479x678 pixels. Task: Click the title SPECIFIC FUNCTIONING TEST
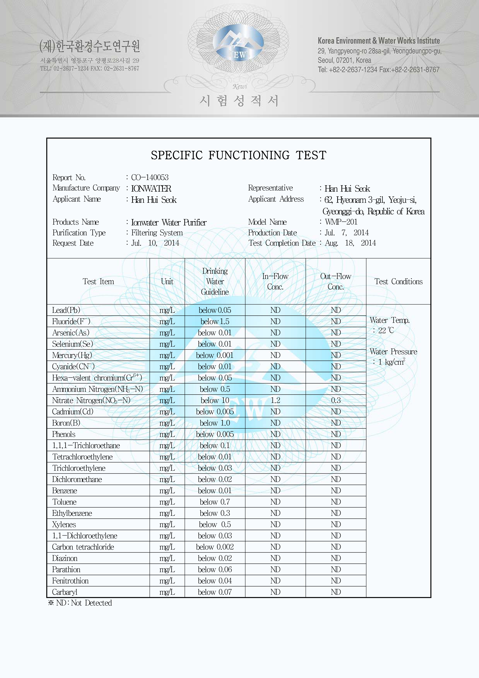click(238, 155)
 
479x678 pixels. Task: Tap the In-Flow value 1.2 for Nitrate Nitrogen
click(275, 400)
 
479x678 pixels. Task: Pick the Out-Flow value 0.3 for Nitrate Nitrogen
click(336, 400)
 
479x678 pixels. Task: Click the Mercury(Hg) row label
click(72, 355)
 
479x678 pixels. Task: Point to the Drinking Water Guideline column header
click(215, 281)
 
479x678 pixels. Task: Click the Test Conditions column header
click(398, 281)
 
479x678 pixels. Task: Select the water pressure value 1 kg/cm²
click(392, 362)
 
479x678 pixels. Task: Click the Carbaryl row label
click(65, 592)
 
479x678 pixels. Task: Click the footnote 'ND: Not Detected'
click(80, 603)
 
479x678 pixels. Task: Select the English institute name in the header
click(379, 41)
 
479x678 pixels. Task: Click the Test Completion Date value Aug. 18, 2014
click(350, 243)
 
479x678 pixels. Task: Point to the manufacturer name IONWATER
click(151, 188)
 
